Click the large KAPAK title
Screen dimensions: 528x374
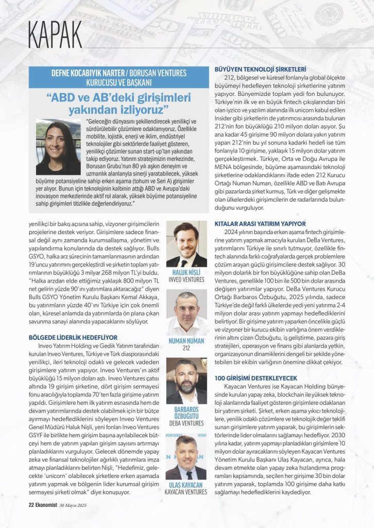click(55, 35)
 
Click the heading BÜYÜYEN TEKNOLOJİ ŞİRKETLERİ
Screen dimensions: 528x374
click(260, 69)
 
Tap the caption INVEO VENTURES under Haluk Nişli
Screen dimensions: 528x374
click(186, 279)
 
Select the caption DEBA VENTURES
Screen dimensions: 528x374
click(186, 423)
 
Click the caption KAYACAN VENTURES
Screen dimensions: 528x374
click(186, 492)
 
